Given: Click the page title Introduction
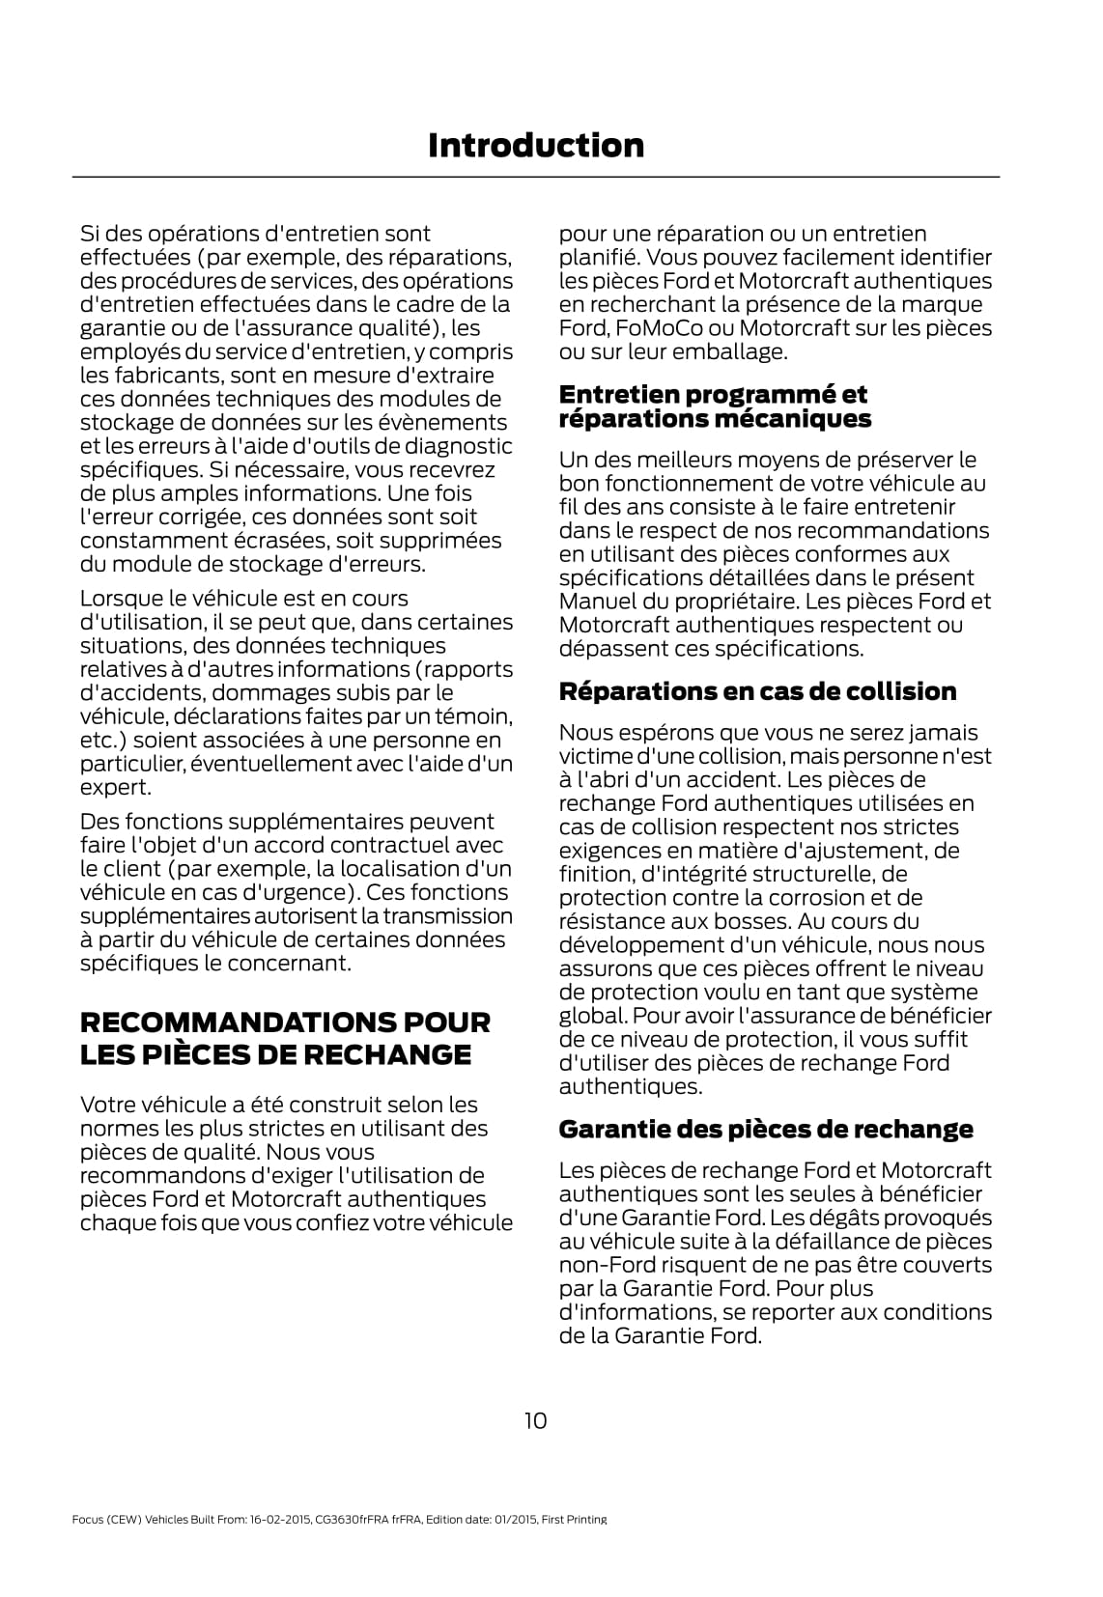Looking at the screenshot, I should (x=535, y=145).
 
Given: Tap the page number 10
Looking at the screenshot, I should (x=535, y=1420).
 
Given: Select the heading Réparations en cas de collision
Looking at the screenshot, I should (x=757, y=691).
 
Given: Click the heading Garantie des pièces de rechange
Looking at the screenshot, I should (x=766, y=1129).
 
